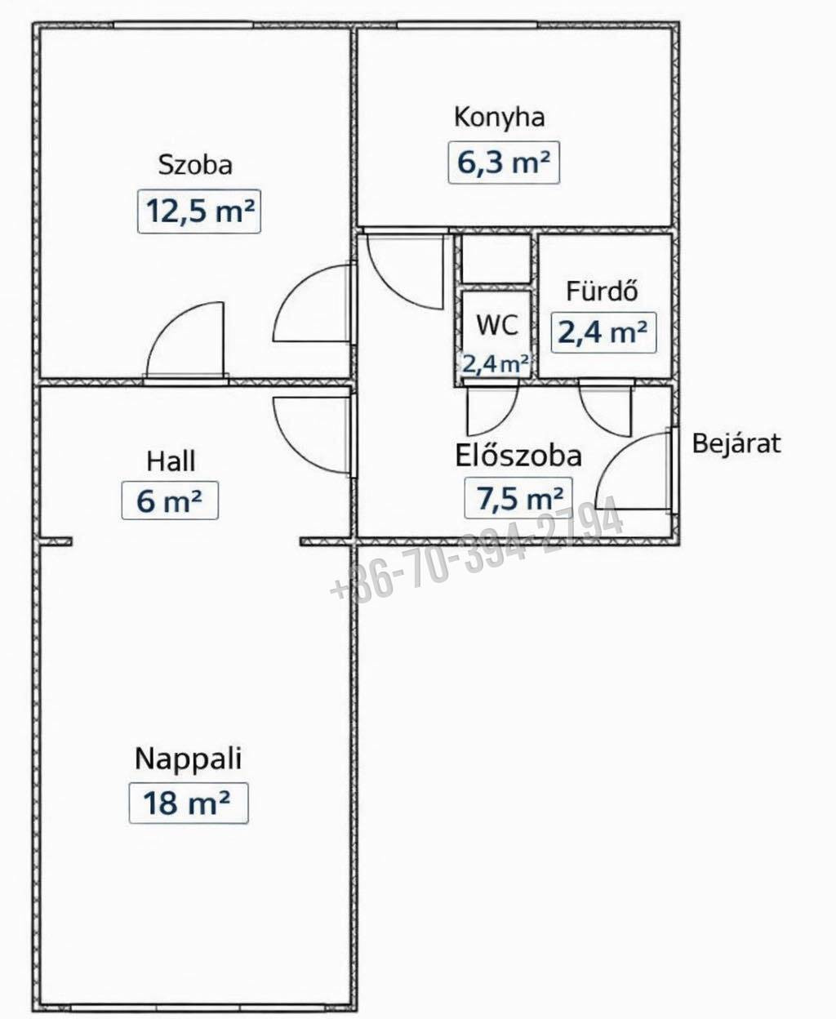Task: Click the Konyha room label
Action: click(x=499, y=118)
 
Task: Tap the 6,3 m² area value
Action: click(x=504, y=162)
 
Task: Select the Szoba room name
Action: click(x=195, y=165)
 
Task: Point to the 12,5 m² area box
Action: click(x=199, y=211)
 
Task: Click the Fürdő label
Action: click(x=603, y=291)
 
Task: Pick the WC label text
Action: click(x=497, y=324)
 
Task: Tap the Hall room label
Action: click(x=171, y=461)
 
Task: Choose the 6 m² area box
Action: click(x=170, y=500)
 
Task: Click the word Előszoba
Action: click(x=518, y=456)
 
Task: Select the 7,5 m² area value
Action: click(x=518, y=498)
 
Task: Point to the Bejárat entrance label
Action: click(x=736, y=443)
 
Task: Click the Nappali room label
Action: click(x=188, y=759)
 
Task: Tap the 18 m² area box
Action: click(x=189, y=803)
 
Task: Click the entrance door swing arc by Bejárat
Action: click(x=619, y=452)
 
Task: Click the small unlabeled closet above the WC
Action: click(x=496, y=259)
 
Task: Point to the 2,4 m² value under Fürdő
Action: click(x=603, y=332)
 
